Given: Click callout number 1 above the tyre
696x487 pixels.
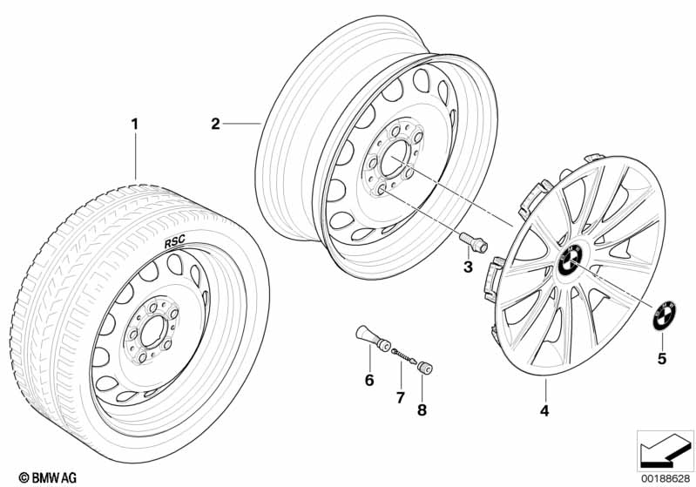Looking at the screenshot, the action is coord(134,124).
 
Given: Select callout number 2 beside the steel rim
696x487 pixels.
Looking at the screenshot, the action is coord(215,124).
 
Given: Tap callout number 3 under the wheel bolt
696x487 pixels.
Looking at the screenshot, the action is coord(468,267).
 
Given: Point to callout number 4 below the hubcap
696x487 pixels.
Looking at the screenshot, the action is coord(544,411).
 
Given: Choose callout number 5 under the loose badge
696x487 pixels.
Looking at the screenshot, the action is coord(662,358).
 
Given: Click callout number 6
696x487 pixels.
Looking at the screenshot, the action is coord(369,380).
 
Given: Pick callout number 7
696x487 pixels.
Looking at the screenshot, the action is coord(401,398).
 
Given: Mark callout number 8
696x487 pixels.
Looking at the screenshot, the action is coord(422,409).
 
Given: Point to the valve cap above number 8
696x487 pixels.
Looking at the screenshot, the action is coord(424,368).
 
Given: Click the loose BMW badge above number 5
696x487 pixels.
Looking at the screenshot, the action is coord(664,315).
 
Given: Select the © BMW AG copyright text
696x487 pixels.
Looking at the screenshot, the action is coord(48,477).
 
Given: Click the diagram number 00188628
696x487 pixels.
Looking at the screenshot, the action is coord(666,478).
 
